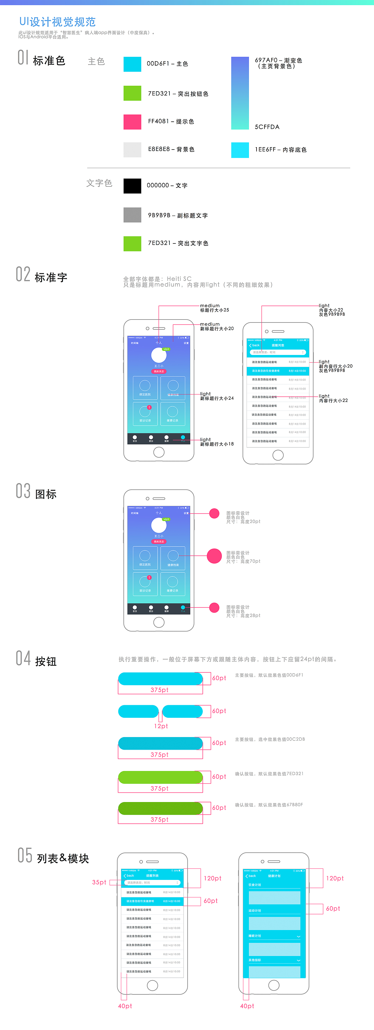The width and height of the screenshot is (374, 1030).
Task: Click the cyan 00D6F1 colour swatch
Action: (132, 64)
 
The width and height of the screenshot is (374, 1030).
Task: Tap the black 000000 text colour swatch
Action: (132, 186)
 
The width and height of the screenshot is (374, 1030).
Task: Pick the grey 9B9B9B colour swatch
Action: (132, 215)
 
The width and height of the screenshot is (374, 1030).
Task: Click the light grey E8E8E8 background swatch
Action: (132, 150)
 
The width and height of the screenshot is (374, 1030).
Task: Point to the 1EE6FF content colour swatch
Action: (240, 150)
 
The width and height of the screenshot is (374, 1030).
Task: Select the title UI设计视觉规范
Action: (58, 22)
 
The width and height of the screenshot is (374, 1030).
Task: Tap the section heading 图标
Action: (46, 494)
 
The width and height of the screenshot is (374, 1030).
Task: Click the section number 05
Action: (25, 856)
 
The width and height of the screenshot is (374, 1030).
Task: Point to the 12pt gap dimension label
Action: (161, 726)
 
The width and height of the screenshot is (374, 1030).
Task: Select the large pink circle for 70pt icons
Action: (214, 556)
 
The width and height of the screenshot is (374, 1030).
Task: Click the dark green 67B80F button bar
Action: (160, 808)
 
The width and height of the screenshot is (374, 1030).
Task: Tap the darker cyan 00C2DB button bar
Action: (160, 743)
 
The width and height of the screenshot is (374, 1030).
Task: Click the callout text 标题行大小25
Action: (215, 310)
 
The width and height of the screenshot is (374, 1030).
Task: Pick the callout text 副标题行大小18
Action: (217, 444)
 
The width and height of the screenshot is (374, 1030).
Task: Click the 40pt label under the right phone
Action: (247, 1006)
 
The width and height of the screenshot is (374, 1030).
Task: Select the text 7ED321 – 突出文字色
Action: (178, 243)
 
